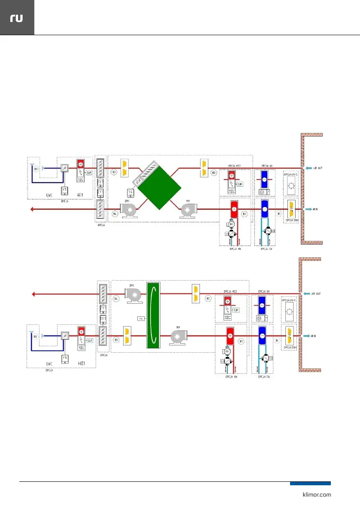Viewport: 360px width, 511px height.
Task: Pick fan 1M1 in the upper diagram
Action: [x=188, y=210]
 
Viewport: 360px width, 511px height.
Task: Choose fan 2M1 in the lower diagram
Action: [x=133, y=293]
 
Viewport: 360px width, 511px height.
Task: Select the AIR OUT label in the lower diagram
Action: [x=318, y=293]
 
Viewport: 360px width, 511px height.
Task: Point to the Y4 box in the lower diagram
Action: [x=140, y=318]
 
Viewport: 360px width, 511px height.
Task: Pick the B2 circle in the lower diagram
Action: [x=208, y=298]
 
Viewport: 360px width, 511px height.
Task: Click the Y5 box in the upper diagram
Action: [x=64, y=190]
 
